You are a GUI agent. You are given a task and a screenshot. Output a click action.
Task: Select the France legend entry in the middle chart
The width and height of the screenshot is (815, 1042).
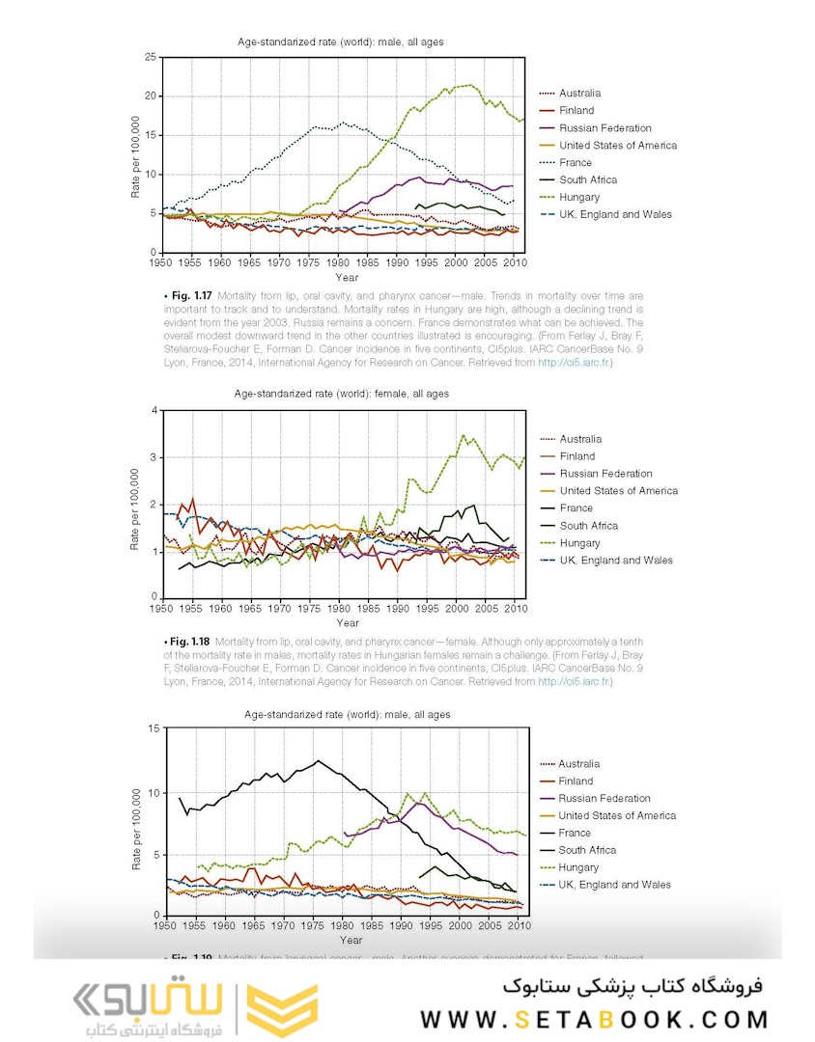576,508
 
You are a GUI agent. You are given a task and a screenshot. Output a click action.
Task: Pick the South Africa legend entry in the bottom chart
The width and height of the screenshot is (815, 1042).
586,850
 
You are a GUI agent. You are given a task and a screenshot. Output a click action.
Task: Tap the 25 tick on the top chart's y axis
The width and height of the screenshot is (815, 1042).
150,57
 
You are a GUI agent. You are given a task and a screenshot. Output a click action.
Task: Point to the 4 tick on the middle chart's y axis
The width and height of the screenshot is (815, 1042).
153,410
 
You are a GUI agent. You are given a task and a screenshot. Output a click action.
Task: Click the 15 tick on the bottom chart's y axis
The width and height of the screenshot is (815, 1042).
150,727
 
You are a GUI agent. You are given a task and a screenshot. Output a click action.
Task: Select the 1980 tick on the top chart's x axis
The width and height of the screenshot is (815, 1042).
338,262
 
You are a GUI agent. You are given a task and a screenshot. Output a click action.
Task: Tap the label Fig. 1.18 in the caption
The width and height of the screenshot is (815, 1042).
187,641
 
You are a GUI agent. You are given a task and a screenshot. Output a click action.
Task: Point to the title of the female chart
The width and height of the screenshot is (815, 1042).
341,394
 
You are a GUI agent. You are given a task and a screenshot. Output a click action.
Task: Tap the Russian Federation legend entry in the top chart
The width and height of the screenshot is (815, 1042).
604,127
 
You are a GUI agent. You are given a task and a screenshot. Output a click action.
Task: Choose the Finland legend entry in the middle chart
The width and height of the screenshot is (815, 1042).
576,456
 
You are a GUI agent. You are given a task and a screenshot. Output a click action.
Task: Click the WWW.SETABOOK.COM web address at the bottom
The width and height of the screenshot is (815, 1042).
594,1019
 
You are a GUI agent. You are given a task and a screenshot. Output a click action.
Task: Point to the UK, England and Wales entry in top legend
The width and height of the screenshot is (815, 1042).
615,214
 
